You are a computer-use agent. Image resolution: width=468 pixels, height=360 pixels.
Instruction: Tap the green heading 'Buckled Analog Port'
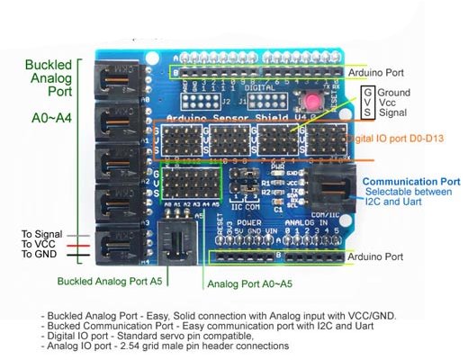coord(50,80)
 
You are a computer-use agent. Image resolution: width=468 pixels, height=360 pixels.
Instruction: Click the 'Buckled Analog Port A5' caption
coord(109,281)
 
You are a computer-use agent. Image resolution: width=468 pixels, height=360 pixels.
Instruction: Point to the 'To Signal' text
coord(41,234)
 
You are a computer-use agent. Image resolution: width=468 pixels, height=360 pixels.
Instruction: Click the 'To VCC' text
coord(39,244)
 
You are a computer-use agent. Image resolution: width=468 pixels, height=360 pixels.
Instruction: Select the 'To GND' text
coord(39,255)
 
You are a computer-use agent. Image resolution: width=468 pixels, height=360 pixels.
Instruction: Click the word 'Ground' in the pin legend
coord(395,93)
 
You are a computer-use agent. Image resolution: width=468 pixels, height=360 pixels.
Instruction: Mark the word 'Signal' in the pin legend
coord(393,115)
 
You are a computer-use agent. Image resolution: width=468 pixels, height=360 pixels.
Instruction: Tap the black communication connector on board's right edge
coord(332,189)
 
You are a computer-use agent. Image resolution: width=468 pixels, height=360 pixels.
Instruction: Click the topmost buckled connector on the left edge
coord(121,79)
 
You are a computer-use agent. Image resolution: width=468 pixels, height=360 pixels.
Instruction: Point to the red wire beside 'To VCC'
coord(78,244)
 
